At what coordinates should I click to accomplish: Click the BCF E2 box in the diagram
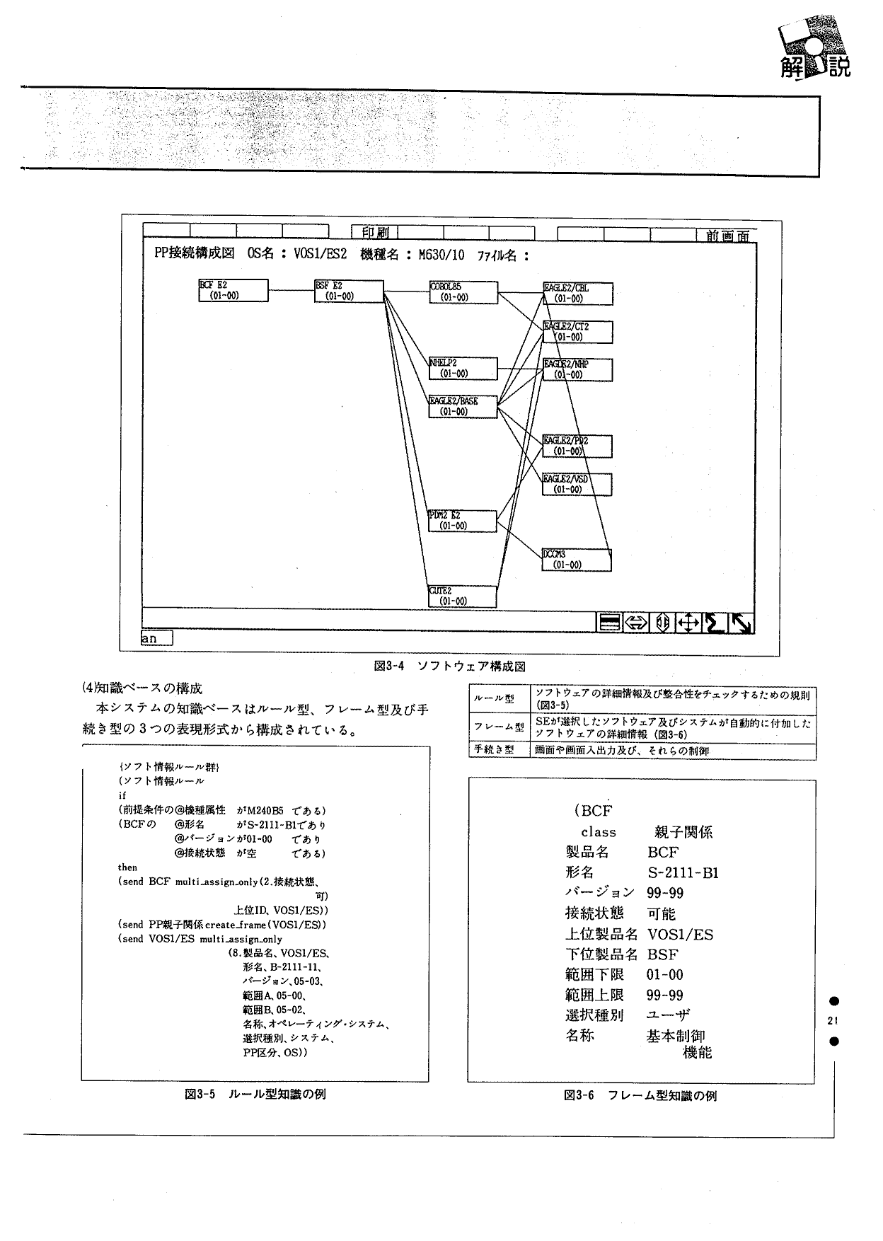[233, 291]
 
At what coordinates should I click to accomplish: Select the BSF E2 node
[349, 291]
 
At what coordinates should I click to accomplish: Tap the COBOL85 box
[463, 292]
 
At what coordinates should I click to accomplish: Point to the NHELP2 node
[463, 368]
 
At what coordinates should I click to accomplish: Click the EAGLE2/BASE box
[463, 406]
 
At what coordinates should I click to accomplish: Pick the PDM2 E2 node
[463, 521]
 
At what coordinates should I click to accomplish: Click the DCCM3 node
[576, 560]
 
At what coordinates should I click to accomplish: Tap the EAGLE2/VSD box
[577, 484]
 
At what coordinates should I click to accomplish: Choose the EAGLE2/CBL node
[577, 294]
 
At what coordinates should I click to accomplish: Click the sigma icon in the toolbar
[715, 623]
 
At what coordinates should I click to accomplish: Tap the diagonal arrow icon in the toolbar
[741, 623]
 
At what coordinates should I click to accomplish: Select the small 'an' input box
[156, 638]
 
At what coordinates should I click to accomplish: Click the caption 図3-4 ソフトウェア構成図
[449, 666]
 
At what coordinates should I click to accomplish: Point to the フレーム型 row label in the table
[499, 727]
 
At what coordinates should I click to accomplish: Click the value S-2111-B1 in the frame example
[683, 872]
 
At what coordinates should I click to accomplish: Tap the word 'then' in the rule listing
[127, 867]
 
